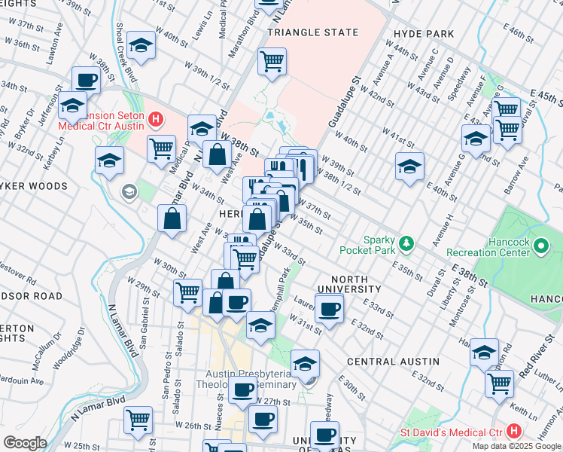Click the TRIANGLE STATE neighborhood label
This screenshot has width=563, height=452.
(309, 33)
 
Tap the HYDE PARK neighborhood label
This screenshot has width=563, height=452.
(423, 34)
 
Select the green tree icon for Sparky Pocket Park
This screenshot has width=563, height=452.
(406, 243)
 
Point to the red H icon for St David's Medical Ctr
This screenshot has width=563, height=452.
(514, 431)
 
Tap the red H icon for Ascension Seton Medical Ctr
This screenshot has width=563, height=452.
(156, 118)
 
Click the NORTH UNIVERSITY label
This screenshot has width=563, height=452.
(349, 283)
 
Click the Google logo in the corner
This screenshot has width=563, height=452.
(25, 442)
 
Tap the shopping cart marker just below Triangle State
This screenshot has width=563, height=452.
(272, 61)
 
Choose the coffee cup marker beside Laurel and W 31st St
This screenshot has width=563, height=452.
(329, 308)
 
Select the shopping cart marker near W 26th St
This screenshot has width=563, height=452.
(138, 420)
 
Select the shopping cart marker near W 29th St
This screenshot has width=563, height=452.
(187, 292)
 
